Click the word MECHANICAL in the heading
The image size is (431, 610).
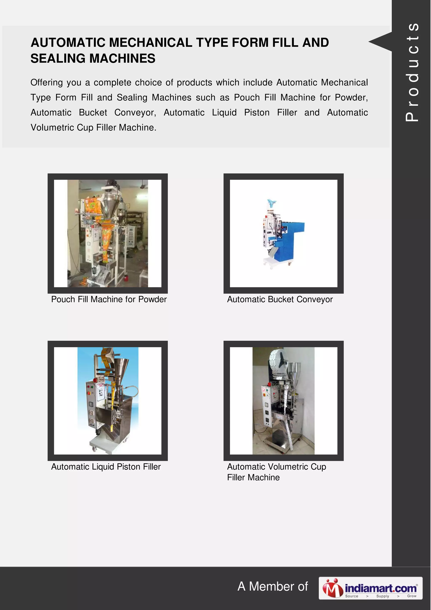(x=150, y=43)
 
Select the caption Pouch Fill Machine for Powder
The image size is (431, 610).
(x=109, y=299)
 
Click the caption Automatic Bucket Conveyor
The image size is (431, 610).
(x=280, y=299)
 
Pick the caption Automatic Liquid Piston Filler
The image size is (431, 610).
(x=106, y=467)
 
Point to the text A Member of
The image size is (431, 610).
(x=273, y=587)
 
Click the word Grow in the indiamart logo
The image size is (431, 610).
(x=411, y=596)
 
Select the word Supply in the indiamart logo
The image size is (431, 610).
(x=382, y=596)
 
